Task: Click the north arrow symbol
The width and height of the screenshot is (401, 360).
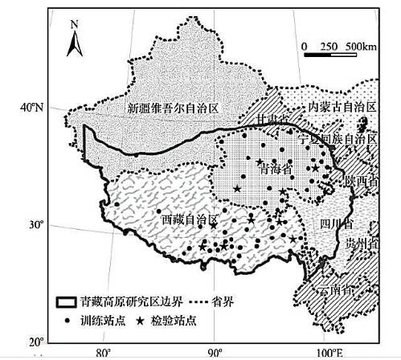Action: [74, 40]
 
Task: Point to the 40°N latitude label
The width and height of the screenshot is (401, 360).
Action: [31, 107]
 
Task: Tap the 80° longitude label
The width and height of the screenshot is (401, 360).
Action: [103, 351]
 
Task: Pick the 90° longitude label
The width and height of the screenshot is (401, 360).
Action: [215, 351]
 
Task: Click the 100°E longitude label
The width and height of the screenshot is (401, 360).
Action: [329, 351]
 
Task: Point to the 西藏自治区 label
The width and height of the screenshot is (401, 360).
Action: [190, 219]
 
